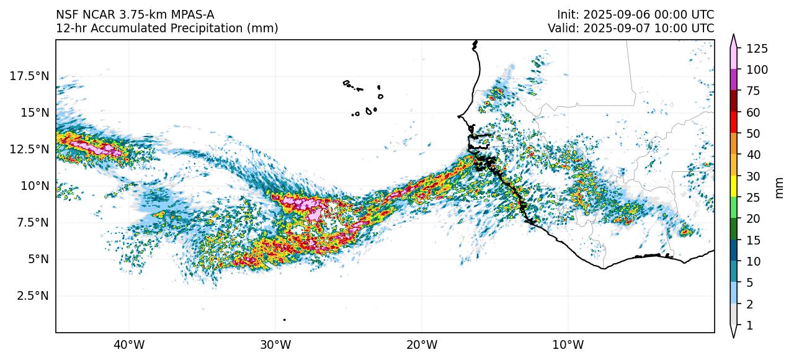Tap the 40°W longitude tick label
(x=129, y=344)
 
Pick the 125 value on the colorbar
(x=757, y=48)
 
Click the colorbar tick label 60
(x=753, y=112)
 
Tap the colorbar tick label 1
(x=749, y=325)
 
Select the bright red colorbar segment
(x=734, y=122)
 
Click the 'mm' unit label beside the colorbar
(x=780, y=187)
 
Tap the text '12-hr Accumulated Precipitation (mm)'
(x=167, y=28)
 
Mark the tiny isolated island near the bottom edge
(x=284, y=320)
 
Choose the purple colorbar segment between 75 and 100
(x=734, y=79)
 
